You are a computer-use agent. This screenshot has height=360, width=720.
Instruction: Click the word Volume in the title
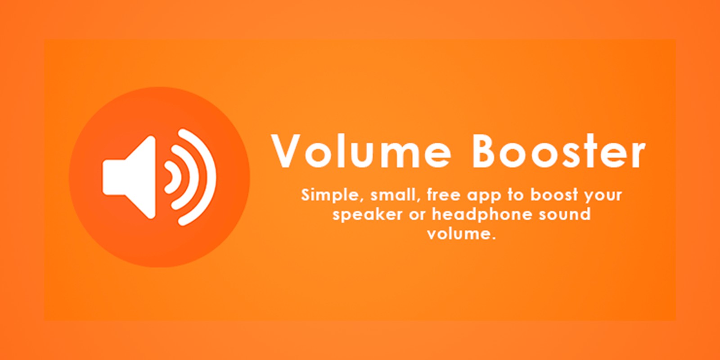tap(361, 151)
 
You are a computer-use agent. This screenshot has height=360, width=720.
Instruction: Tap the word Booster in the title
tap(558, 151)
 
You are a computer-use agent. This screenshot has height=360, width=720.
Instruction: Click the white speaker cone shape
tap(129, 177)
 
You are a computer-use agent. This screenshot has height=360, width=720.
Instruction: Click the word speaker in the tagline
tap(367, 215)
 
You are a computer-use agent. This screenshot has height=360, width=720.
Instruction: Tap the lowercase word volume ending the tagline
tap(462, 233)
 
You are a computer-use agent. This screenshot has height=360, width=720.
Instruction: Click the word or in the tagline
tap(417, 216)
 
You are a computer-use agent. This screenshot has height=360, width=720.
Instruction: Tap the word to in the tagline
tap(516, 195)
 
